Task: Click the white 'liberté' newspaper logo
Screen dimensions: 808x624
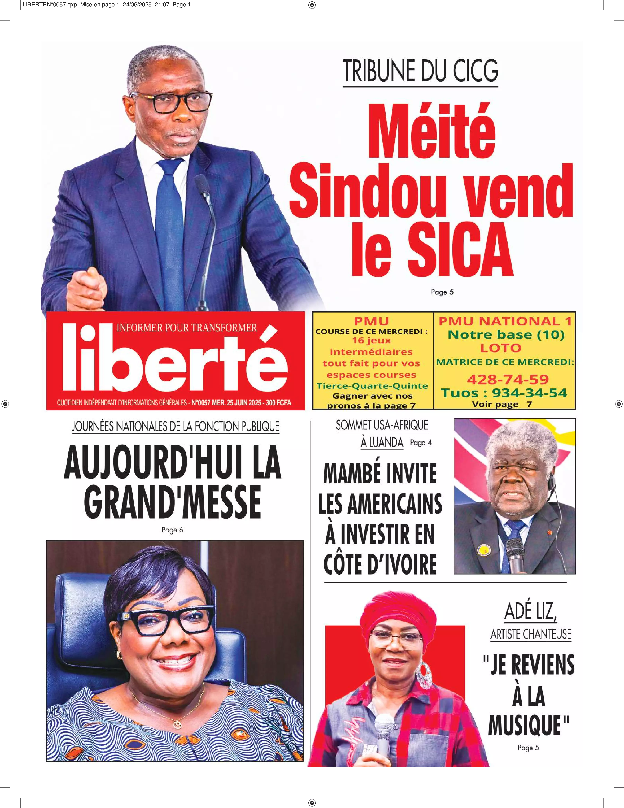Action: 174,358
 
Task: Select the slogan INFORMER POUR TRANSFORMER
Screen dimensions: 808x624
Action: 187,328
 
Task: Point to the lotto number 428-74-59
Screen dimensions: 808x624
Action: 507,379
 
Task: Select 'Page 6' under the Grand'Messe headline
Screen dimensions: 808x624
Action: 173,530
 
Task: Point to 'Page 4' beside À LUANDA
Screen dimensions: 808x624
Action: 421,443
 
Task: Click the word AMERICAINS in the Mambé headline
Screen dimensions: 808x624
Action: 380,504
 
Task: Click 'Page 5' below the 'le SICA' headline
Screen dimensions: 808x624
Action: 442,292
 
